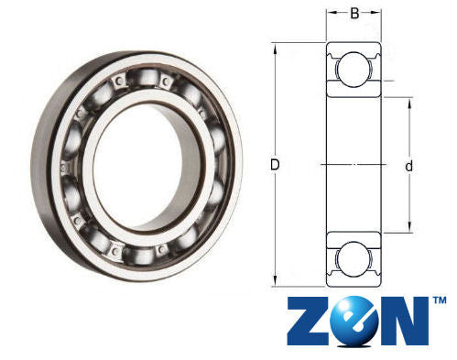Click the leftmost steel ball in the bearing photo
[x=66, y=169]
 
